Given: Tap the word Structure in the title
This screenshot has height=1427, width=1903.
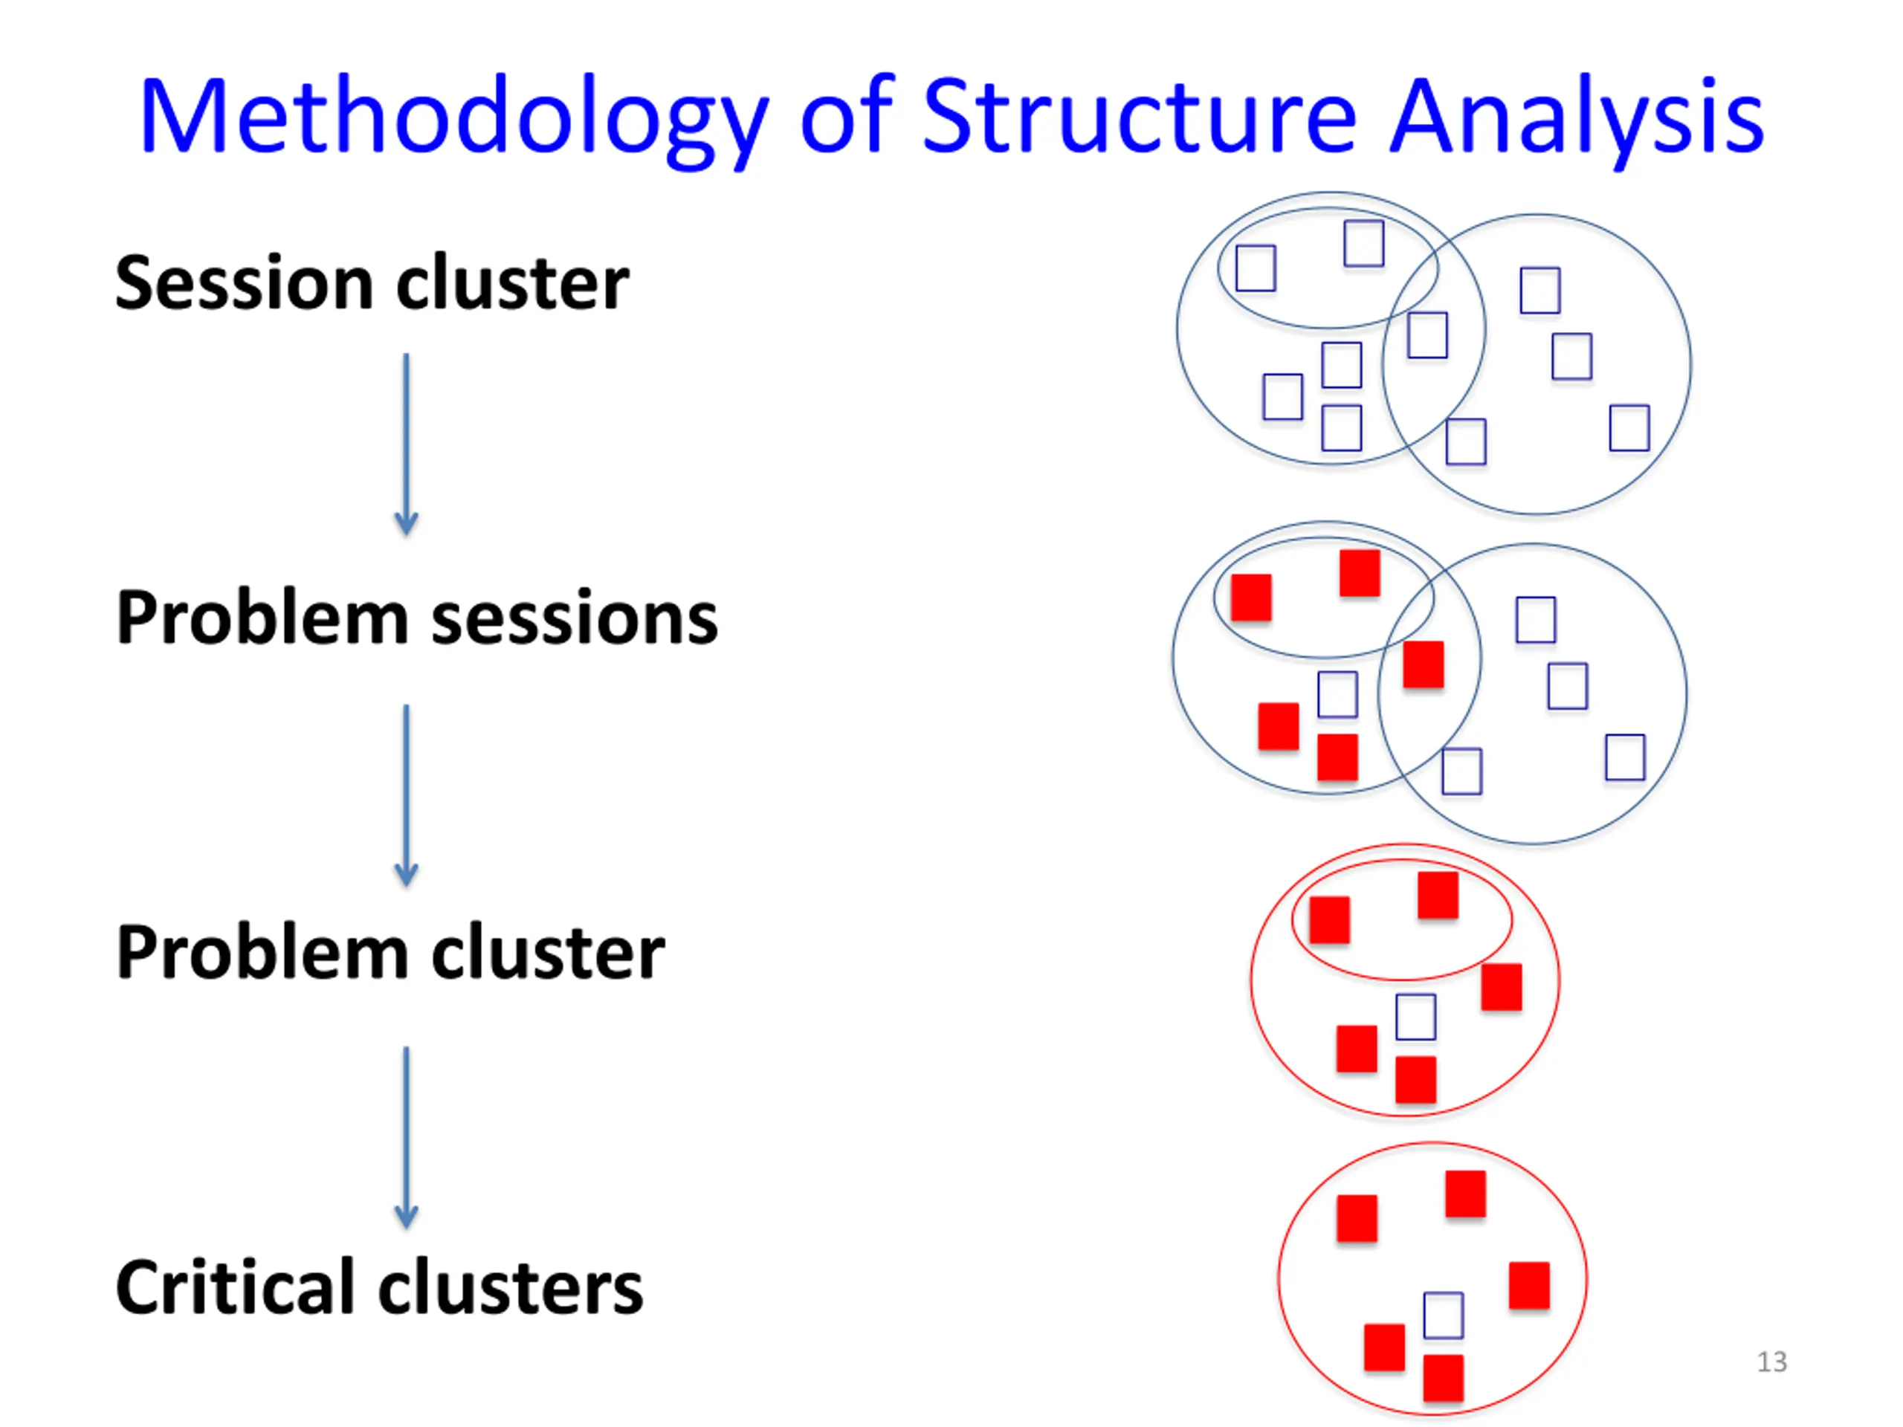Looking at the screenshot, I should (x=1139, y=116).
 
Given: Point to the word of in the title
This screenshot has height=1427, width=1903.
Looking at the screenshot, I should (x=847, y=116).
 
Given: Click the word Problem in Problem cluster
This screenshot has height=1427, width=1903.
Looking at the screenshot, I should (x=262, y=952).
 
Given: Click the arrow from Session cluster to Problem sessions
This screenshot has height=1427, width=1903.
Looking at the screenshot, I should (x=406, y=443).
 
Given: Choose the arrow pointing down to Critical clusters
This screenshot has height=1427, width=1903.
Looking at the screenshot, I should (x=406, y=1136).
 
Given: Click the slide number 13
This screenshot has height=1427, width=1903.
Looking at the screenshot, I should (x=1771, y=1362).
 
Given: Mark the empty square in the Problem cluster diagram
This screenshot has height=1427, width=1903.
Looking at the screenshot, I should (x=1415, y=1017).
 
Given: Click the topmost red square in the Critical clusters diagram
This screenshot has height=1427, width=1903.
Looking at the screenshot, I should (x=1465, y=1194).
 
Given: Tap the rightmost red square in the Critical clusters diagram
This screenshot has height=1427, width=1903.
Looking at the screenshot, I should (x=1529, y=1285).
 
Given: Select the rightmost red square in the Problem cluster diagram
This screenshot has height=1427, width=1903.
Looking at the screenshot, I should (x=1502, y=986).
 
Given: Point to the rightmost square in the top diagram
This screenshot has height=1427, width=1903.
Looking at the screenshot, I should (x=1629, y=427).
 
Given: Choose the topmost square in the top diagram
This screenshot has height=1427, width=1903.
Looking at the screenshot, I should (x=1363, y=244).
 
